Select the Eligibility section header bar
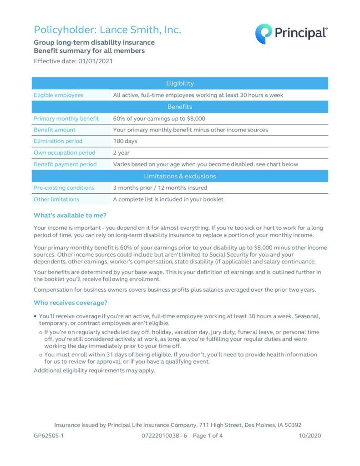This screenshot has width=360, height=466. [180, 83]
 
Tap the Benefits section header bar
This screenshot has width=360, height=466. [180, 107]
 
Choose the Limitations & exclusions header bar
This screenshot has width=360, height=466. [180, 176]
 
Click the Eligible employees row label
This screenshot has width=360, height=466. [59, 95]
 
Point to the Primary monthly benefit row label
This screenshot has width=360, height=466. [66, 118]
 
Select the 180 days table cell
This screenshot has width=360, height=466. [125, 141]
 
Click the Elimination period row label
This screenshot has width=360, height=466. [58, 141]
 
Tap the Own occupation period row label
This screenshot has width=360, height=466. [65, 153]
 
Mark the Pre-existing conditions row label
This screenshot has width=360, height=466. [64, 187]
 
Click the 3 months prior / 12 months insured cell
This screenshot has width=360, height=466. [160, 187]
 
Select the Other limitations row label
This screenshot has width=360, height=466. [56, 199]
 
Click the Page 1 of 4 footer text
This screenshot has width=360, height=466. [208, 436]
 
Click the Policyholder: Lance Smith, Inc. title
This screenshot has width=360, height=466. [107, 30]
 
